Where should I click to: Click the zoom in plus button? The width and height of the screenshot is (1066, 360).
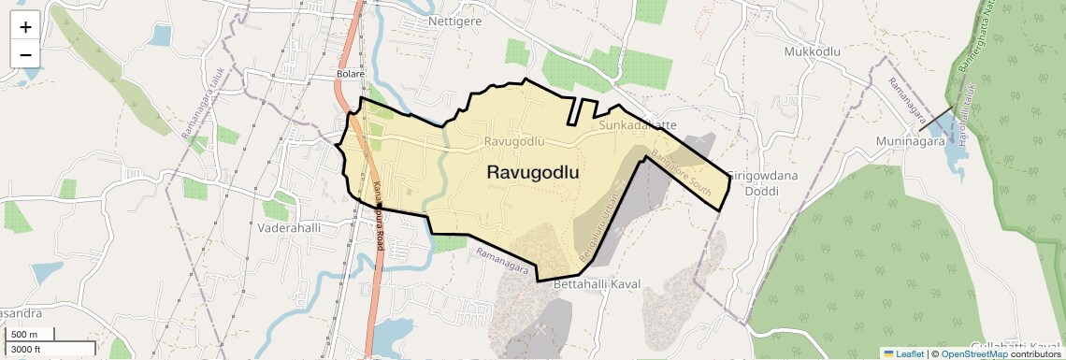coord(25,27)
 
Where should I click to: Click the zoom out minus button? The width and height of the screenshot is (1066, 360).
coord(25,54)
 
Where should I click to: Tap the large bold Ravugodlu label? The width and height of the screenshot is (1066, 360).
coord(532,173)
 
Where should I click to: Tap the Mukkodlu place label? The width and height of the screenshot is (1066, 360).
coord(814,51)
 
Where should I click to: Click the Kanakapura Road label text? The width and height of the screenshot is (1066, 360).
coord(379,214)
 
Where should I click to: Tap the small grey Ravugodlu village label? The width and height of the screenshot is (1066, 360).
coord(514,141)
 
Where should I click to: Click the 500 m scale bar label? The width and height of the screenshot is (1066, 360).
coord(23,335)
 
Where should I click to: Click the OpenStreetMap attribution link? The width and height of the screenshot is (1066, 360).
coord(973,353)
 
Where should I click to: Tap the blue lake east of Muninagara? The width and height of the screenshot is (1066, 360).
coord(958,159)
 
